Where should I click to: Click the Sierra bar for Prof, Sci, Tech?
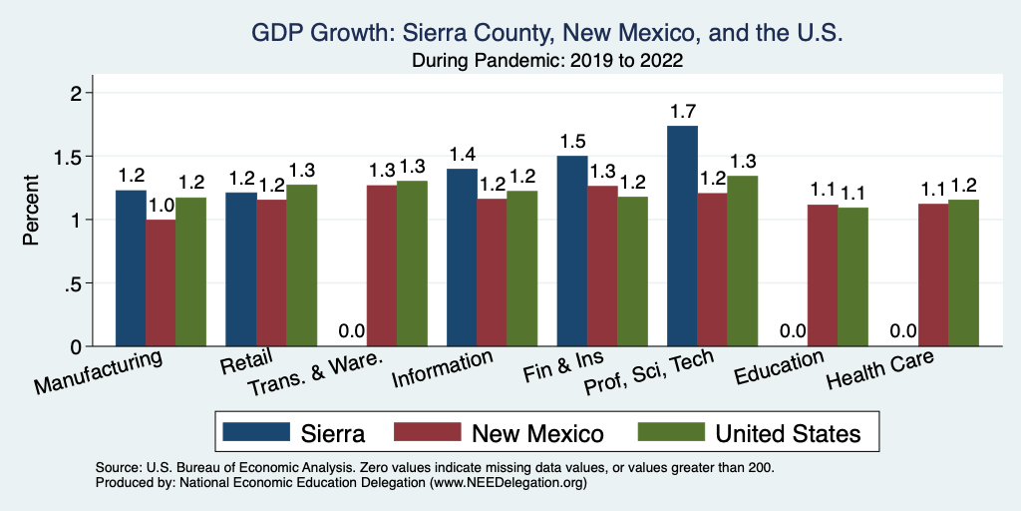tap(682, 237)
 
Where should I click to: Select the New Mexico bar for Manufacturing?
tap(162, 283)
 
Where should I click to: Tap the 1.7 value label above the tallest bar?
tap(683, 109)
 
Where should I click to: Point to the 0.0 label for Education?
tap(792, 329)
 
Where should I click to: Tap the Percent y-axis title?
tap(31, 213)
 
